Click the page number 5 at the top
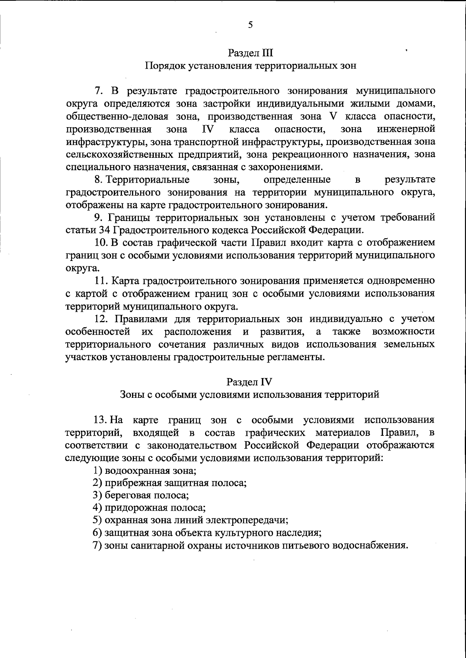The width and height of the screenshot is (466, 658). [250, 26]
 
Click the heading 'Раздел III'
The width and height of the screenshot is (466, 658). [250, 53]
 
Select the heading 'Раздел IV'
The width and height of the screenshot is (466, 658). [250, 382]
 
